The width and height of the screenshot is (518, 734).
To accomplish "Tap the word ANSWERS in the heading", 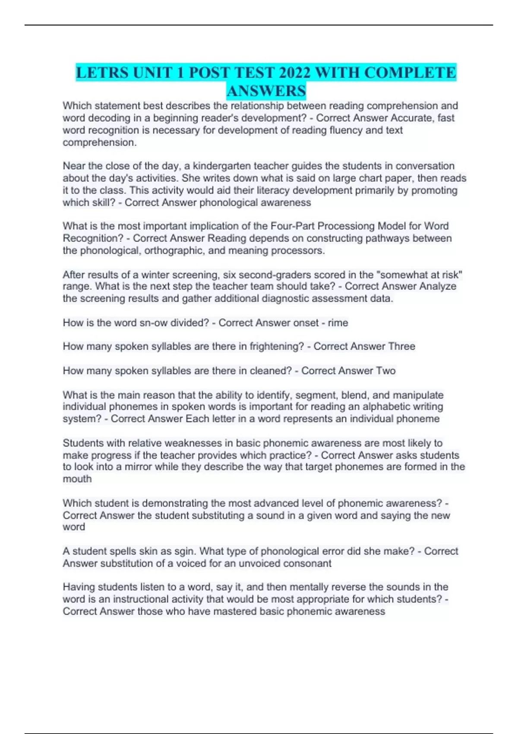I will pyautogui.click(x=266, y=91).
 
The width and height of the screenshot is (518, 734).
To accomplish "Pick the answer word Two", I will pyautogui.click(x=385, y=371).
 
